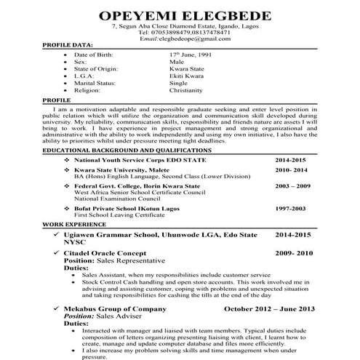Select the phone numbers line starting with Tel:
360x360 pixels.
[x=178, y=32]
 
